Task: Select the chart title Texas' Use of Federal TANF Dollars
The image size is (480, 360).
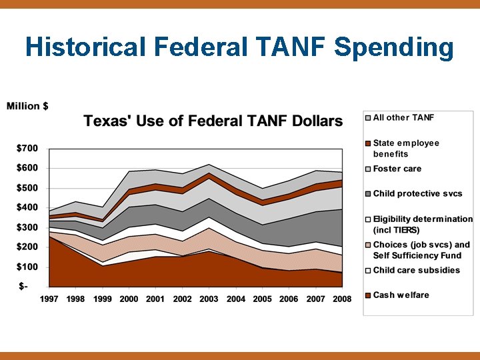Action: tap(213, 121)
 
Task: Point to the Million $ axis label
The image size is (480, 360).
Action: tap(27, 106)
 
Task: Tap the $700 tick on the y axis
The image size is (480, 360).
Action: tap(27, 147)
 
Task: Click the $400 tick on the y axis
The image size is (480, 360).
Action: tap(27, 207)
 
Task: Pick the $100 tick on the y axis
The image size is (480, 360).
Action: tap(27, 267)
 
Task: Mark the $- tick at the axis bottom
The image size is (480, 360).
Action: tap(24, 287)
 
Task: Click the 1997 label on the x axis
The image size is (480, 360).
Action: tap(49, 299)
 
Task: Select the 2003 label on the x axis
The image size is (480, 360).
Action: tap(209, 299)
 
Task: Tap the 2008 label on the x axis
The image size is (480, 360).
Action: tap(343, 299)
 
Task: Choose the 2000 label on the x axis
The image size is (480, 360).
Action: tap(129, 299)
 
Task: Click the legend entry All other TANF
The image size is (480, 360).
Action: tap(403, 118)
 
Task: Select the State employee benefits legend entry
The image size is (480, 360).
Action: tap(406, 148)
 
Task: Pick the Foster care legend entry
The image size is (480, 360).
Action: tap(397, 169)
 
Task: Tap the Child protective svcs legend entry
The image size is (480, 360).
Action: tap(417, 193)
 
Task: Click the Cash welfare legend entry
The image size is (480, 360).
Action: tap(401, 295)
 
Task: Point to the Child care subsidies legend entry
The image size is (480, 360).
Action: tap(416, 270)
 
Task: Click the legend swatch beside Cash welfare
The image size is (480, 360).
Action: tap(368, 295)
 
